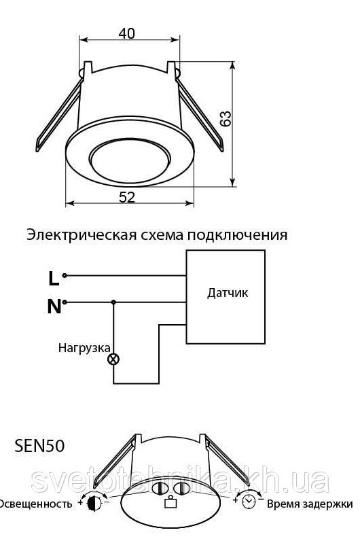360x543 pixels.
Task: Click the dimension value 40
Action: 127,33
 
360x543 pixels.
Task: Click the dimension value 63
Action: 226,119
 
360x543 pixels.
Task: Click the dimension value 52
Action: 127,197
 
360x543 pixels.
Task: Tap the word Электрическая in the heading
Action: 81,234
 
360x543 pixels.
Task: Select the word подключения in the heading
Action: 238,236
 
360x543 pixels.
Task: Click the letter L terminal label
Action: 53,279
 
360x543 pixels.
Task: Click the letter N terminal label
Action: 54,306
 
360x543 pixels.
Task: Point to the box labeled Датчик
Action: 226,297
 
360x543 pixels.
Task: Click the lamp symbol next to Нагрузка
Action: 113,359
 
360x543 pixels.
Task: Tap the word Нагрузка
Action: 84,348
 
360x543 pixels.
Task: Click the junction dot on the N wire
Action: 113,302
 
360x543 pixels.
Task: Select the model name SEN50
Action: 39,446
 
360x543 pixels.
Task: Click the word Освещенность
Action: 35,504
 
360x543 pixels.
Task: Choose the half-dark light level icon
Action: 94,503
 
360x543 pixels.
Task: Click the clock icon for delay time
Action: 249,502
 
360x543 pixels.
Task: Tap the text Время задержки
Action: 310,504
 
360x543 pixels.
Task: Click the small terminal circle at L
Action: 65,276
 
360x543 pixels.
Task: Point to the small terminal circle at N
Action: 65,302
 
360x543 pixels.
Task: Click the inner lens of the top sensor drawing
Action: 130,160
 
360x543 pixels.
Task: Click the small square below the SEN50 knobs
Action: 170,502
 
